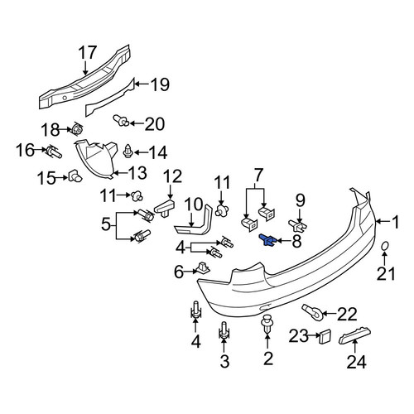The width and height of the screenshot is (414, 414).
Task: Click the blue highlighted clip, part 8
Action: click(267, 241)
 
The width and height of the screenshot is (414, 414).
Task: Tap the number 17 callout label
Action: click(88, 52)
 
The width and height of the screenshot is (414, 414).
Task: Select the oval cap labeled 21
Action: click(385, 246)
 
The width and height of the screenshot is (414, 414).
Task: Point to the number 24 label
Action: click(356, 362)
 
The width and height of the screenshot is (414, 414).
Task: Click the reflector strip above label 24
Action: click(354, 335)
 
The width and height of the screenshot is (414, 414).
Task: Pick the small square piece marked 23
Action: click(325, 336)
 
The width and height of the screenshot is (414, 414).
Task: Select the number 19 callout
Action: click(159, 84)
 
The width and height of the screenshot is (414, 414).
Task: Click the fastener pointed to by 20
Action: click(121, 120)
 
